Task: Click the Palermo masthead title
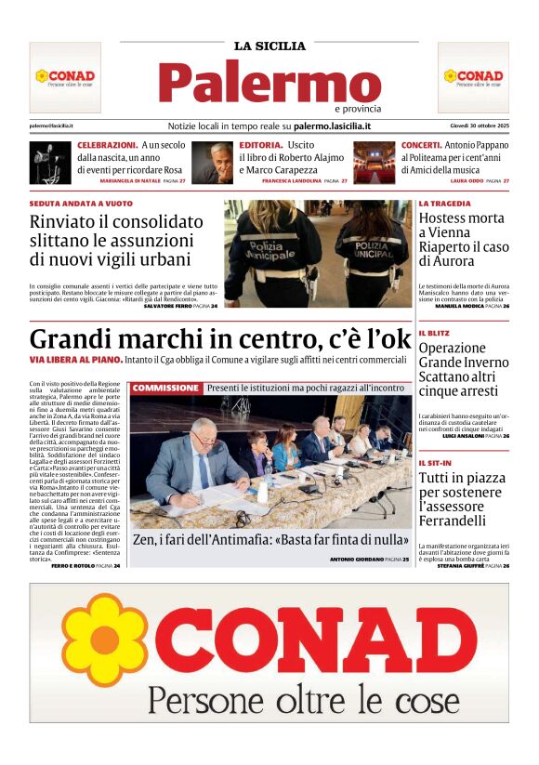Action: (x=269, y=84)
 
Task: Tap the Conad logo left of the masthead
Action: (x=65, y=77)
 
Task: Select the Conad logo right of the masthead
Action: (x=473, y=77)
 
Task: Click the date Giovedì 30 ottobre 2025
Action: (x=473, y=125)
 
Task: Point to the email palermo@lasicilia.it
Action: (x=51, y=125)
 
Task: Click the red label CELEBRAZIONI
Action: (x=107, y=146)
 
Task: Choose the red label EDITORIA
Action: (x=260, y=146)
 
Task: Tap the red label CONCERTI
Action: (x=421, y=146)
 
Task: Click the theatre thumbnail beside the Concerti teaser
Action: (x=375, y=163)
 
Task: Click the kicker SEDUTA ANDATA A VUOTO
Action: (x=81, y=203)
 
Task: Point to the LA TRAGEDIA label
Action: (x=444, y=203)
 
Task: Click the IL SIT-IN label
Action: (x=436, y=462)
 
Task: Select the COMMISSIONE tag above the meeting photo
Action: (x=165, y=388)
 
